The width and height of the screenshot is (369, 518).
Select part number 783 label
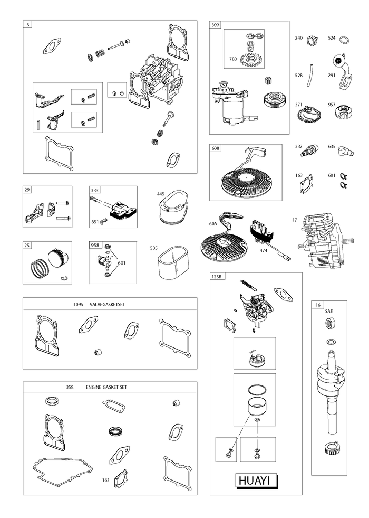click(233, 59)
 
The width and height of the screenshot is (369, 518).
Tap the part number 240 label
click(298, 38)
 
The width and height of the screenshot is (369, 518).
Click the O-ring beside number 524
click(344, 41)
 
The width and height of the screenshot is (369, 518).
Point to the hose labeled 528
click(309, 76)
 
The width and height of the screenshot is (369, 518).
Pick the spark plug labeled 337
click(312, 150)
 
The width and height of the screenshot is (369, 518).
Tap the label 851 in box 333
click(95, 222)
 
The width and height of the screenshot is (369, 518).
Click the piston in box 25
click(58, 258)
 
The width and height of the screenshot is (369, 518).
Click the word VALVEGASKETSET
click(107, 304)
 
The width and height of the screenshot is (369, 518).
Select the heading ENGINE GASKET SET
click(106, 387)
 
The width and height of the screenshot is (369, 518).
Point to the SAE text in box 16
click(329, 311)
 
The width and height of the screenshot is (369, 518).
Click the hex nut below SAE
click(329, 323)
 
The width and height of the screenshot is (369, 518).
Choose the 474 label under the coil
click(264, 250)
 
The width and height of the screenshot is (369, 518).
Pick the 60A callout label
click(213, 224)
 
